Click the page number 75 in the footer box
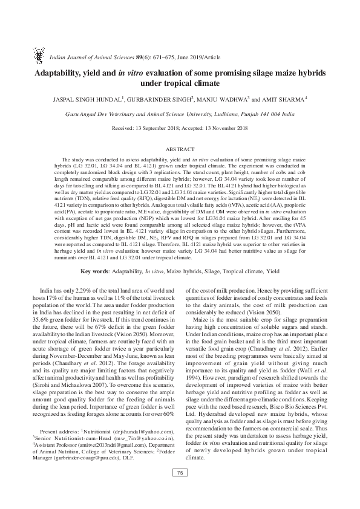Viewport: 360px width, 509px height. click(x=180, y=488)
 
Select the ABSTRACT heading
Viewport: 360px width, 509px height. click(x=180, y=149)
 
